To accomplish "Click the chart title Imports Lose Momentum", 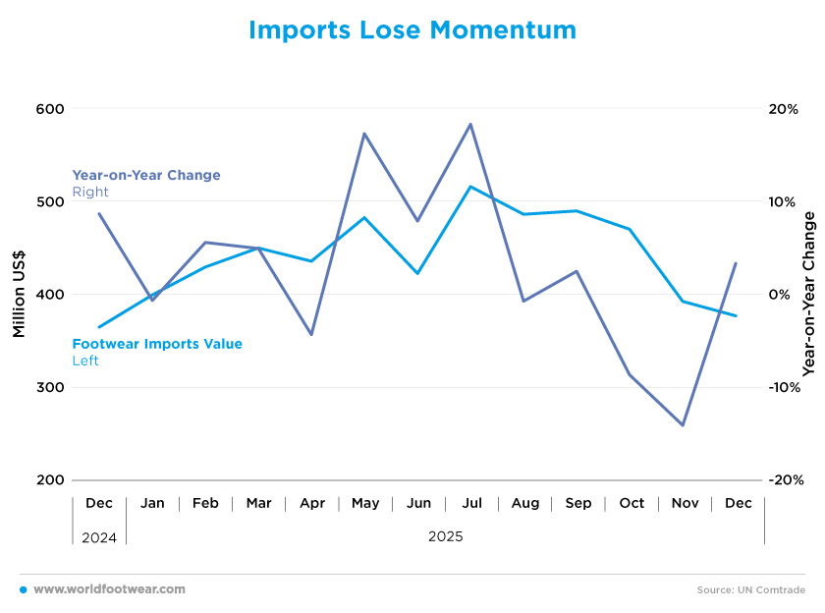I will pyautogui.click(x=412, y=30).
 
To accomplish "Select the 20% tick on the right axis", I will pyautogui.click(x=782, y=109).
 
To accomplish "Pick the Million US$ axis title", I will pyautogui.click(x=20, y=295).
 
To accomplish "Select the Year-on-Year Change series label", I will pyautogui.click(x=146, y=175).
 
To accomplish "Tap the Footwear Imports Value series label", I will pyautogui.click(x=157, y=344).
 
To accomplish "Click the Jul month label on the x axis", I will pyautogui.click(x=471, y=503).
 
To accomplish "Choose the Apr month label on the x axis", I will pyautogui.click(x=312, y=503).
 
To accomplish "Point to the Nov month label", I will pyautogui.click(x=685, y=503).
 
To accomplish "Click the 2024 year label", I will pyautogui.click(x=98, y=537).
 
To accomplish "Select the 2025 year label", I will pyautogui.click(x=445, y=537).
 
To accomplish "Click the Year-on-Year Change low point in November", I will pyautogui.click(x=683, y=425).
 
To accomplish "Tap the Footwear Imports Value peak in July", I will pyautogui.click(x=471, y=187).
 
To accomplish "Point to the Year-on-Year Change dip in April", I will pyautogui.click(x=311, y=335).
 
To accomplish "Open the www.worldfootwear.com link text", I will pyautogui.click(x=109, y=589).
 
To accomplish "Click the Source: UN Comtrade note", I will pyautogui.click(x=750, y=590).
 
